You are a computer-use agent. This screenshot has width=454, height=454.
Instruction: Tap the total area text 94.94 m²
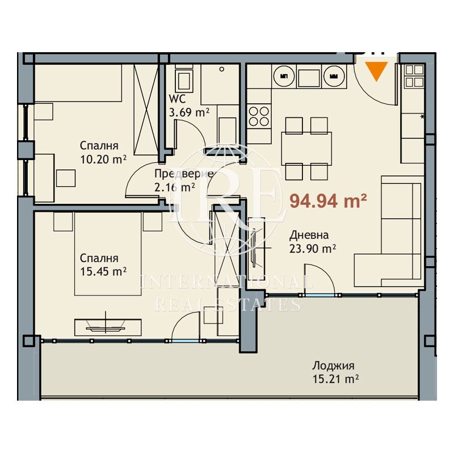tap(329, 201)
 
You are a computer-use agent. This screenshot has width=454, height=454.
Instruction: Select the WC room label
tap(177, 99)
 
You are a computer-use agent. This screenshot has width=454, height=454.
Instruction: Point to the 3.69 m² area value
tap(189, 112)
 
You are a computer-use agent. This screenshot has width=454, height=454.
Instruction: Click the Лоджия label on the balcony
tap(333, 366)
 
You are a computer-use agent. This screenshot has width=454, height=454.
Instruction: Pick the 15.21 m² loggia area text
tap(335, 379)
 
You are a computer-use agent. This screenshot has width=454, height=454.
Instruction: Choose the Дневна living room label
tap(309, 236)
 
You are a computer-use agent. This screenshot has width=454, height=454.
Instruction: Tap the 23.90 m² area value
tap(313, 249)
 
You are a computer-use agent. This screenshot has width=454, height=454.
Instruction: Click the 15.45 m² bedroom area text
tap(103, 272)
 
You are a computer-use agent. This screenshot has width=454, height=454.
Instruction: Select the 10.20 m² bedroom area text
tap(103, 159)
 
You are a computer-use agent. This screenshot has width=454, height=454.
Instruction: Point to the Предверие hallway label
tap(184, 174)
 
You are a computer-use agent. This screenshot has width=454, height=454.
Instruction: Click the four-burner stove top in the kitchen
tap(259, 116)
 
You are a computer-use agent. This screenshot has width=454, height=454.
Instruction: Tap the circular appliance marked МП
tap(284, 76)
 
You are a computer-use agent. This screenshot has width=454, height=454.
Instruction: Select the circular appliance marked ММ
tap(334, 76)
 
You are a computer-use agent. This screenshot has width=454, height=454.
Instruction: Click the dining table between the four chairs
tap(306, 149)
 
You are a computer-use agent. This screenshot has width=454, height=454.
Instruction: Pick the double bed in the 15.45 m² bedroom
tap(108, 254)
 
